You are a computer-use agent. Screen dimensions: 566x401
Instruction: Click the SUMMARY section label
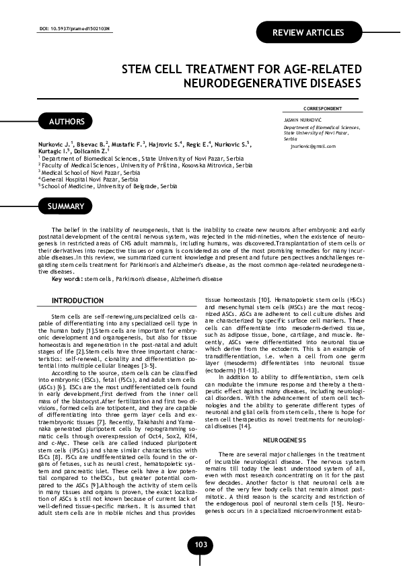tap(66, 206)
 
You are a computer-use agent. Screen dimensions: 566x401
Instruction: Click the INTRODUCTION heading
tap(78, 300)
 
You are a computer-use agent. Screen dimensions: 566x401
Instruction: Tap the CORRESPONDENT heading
tap(322, 108)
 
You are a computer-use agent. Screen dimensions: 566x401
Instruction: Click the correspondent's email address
tap(313, 146)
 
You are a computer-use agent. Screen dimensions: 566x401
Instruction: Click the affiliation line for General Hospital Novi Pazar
tap(90, 179)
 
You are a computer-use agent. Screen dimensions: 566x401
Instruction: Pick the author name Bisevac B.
tap(89, 144)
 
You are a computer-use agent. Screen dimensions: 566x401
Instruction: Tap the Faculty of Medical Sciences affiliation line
tap(147, 165)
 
